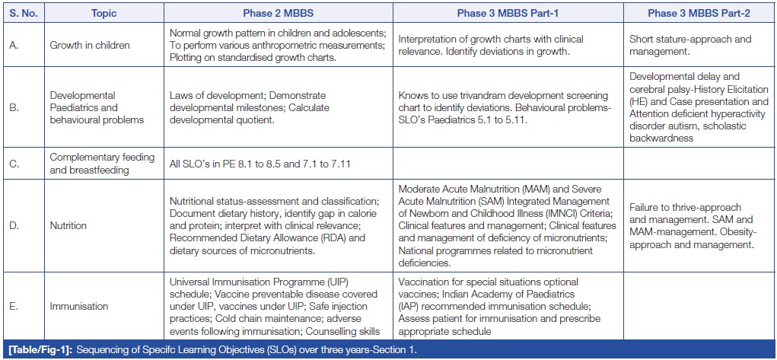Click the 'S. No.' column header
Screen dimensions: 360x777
(x=22, y=13)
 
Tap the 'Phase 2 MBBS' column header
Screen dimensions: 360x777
(x=278, y=13)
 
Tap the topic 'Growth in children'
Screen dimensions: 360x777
(x=89, y=45)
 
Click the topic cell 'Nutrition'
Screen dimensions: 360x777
(x=68, y=226)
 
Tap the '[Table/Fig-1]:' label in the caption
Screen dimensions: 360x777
(x=37, y=349)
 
